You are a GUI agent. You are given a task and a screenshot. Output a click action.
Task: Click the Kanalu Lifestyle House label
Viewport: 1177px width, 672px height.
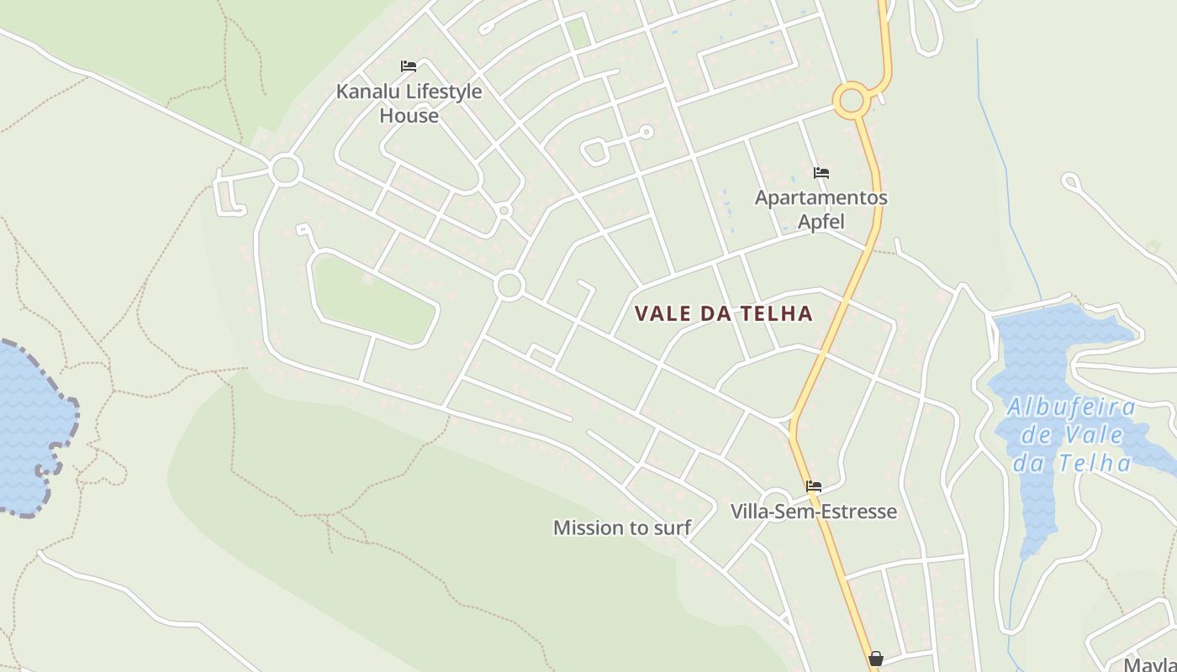409,102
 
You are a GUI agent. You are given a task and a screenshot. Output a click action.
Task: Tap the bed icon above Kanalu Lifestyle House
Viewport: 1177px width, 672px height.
409,66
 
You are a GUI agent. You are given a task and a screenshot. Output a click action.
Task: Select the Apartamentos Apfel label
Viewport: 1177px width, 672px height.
821,209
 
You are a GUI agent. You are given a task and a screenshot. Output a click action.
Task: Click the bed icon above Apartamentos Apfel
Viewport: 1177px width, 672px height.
821,173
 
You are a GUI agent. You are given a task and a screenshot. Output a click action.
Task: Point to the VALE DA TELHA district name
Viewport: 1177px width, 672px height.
724,314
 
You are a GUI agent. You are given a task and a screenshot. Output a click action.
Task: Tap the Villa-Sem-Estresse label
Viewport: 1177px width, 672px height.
813,512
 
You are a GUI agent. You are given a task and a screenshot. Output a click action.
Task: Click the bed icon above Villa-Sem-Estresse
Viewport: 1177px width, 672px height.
813,486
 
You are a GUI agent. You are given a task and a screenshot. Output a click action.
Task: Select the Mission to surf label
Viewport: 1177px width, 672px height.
621,528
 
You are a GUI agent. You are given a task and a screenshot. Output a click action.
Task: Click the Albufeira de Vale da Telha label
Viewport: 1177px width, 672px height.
1071,435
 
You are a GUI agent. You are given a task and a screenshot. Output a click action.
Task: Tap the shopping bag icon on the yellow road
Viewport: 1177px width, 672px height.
875,659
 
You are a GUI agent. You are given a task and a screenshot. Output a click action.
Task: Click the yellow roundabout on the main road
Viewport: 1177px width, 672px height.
852,101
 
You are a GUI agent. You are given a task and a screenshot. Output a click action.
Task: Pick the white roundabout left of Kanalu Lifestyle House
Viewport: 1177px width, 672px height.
286,170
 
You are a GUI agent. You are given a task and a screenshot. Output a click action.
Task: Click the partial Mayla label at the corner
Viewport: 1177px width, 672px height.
1149,664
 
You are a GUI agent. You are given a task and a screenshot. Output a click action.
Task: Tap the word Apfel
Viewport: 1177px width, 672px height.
821,222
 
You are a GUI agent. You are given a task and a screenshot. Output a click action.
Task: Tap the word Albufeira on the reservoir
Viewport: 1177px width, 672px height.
1071,408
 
